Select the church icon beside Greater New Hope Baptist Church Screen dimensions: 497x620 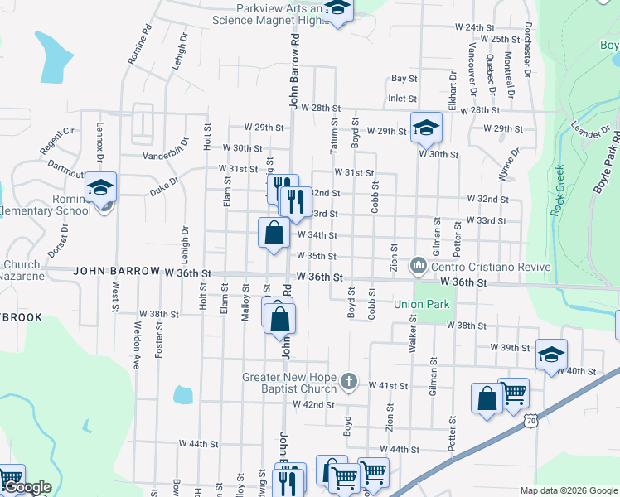(x=349, y=381)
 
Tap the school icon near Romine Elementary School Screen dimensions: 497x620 (x=101, y=187)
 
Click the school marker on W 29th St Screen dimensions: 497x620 (x=426, y=127)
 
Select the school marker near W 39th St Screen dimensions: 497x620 (x=551, y=354)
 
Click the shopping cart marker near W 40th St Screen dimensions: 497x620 (x=514, y=391)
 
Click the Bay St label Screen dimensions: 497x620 (x=404, y=79)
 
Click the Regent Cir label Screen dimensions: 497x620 (x=56, y=141)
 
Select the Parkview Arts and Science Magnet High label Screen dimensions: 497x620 (x=278, y=13)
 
